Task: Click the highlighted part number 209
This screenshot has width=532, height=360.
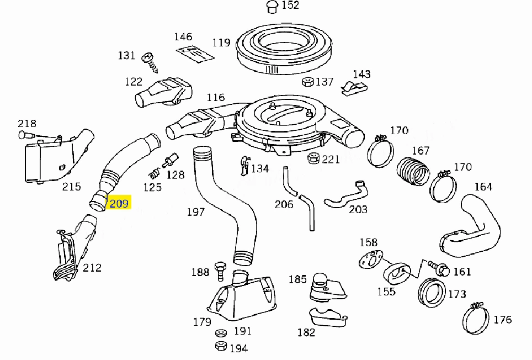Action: (119, 203)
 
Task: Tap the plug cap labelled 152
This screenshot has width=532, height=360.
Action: (272, 7)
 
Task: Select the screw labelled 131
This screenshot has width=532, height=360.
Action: (150, 62)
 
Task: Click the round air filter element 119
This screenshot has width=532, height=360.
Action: (284, 48)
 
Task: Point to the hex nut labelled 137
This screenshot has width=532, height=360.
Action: (308, 82)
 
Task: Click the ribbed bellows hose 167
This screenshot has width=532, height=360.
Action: (412, 171)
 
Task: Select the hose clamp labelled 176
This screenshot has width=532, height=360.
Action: (475, 317)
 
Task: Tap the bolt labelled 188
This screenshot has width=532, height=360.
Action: (220, 271)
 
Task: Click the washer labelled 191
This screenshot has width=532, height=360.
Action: (221, 332)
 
